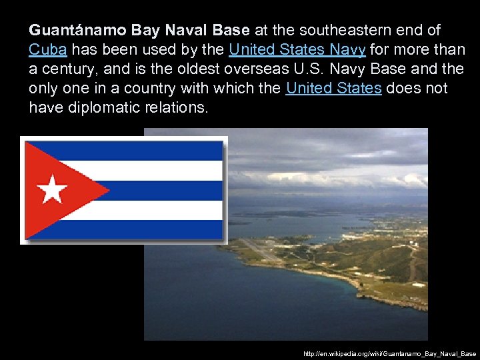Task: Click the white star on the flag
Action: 52,189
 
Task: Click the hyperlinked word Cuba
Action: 47,50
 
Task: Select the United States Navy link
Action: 297,50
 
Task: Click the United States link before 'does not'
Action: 333,89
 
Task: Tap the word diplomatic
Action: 113,108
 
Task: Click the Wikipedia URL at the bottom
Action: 389,353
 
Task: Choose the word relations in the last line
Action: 179,108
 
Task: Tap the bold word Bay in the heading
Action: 146,31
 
